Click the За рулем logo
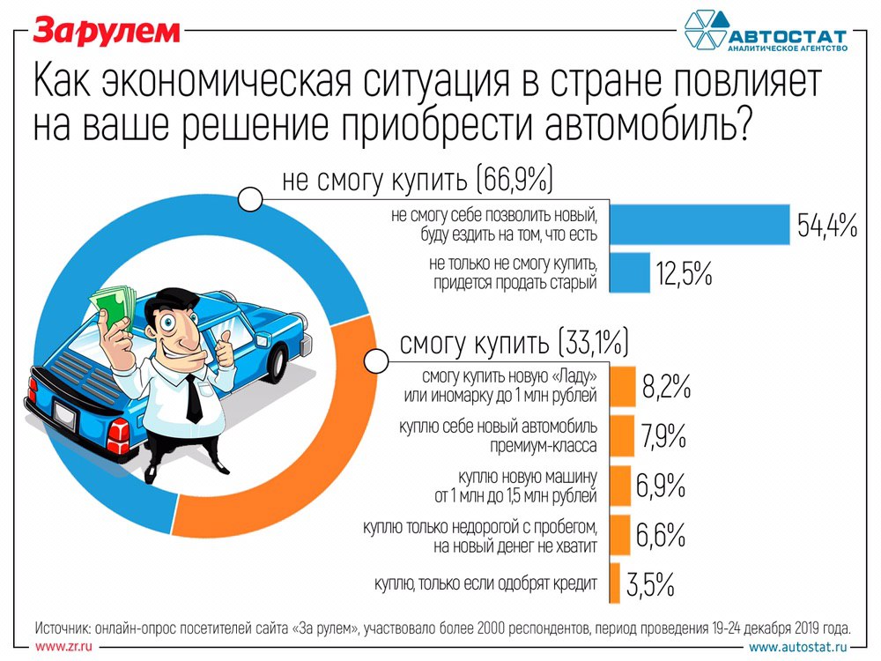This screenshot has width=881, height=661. tap(107, 31)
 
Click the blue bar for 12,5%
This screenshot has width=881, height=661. tap(628, 271)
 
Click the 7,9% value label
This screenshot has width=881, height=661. tap(664, 434)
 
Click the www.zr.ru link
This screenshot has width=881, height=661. tap(63, 647)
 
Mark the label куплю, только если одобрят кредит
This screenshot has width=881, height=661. tap(485, 583)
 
